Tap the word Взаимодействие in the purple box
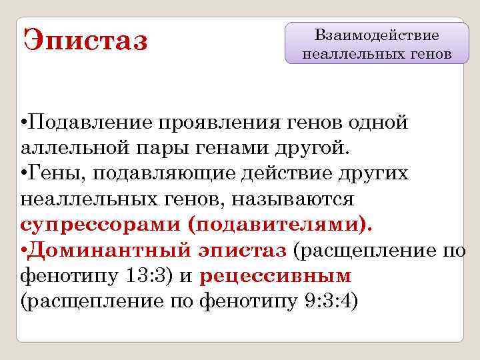[377, 34]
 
